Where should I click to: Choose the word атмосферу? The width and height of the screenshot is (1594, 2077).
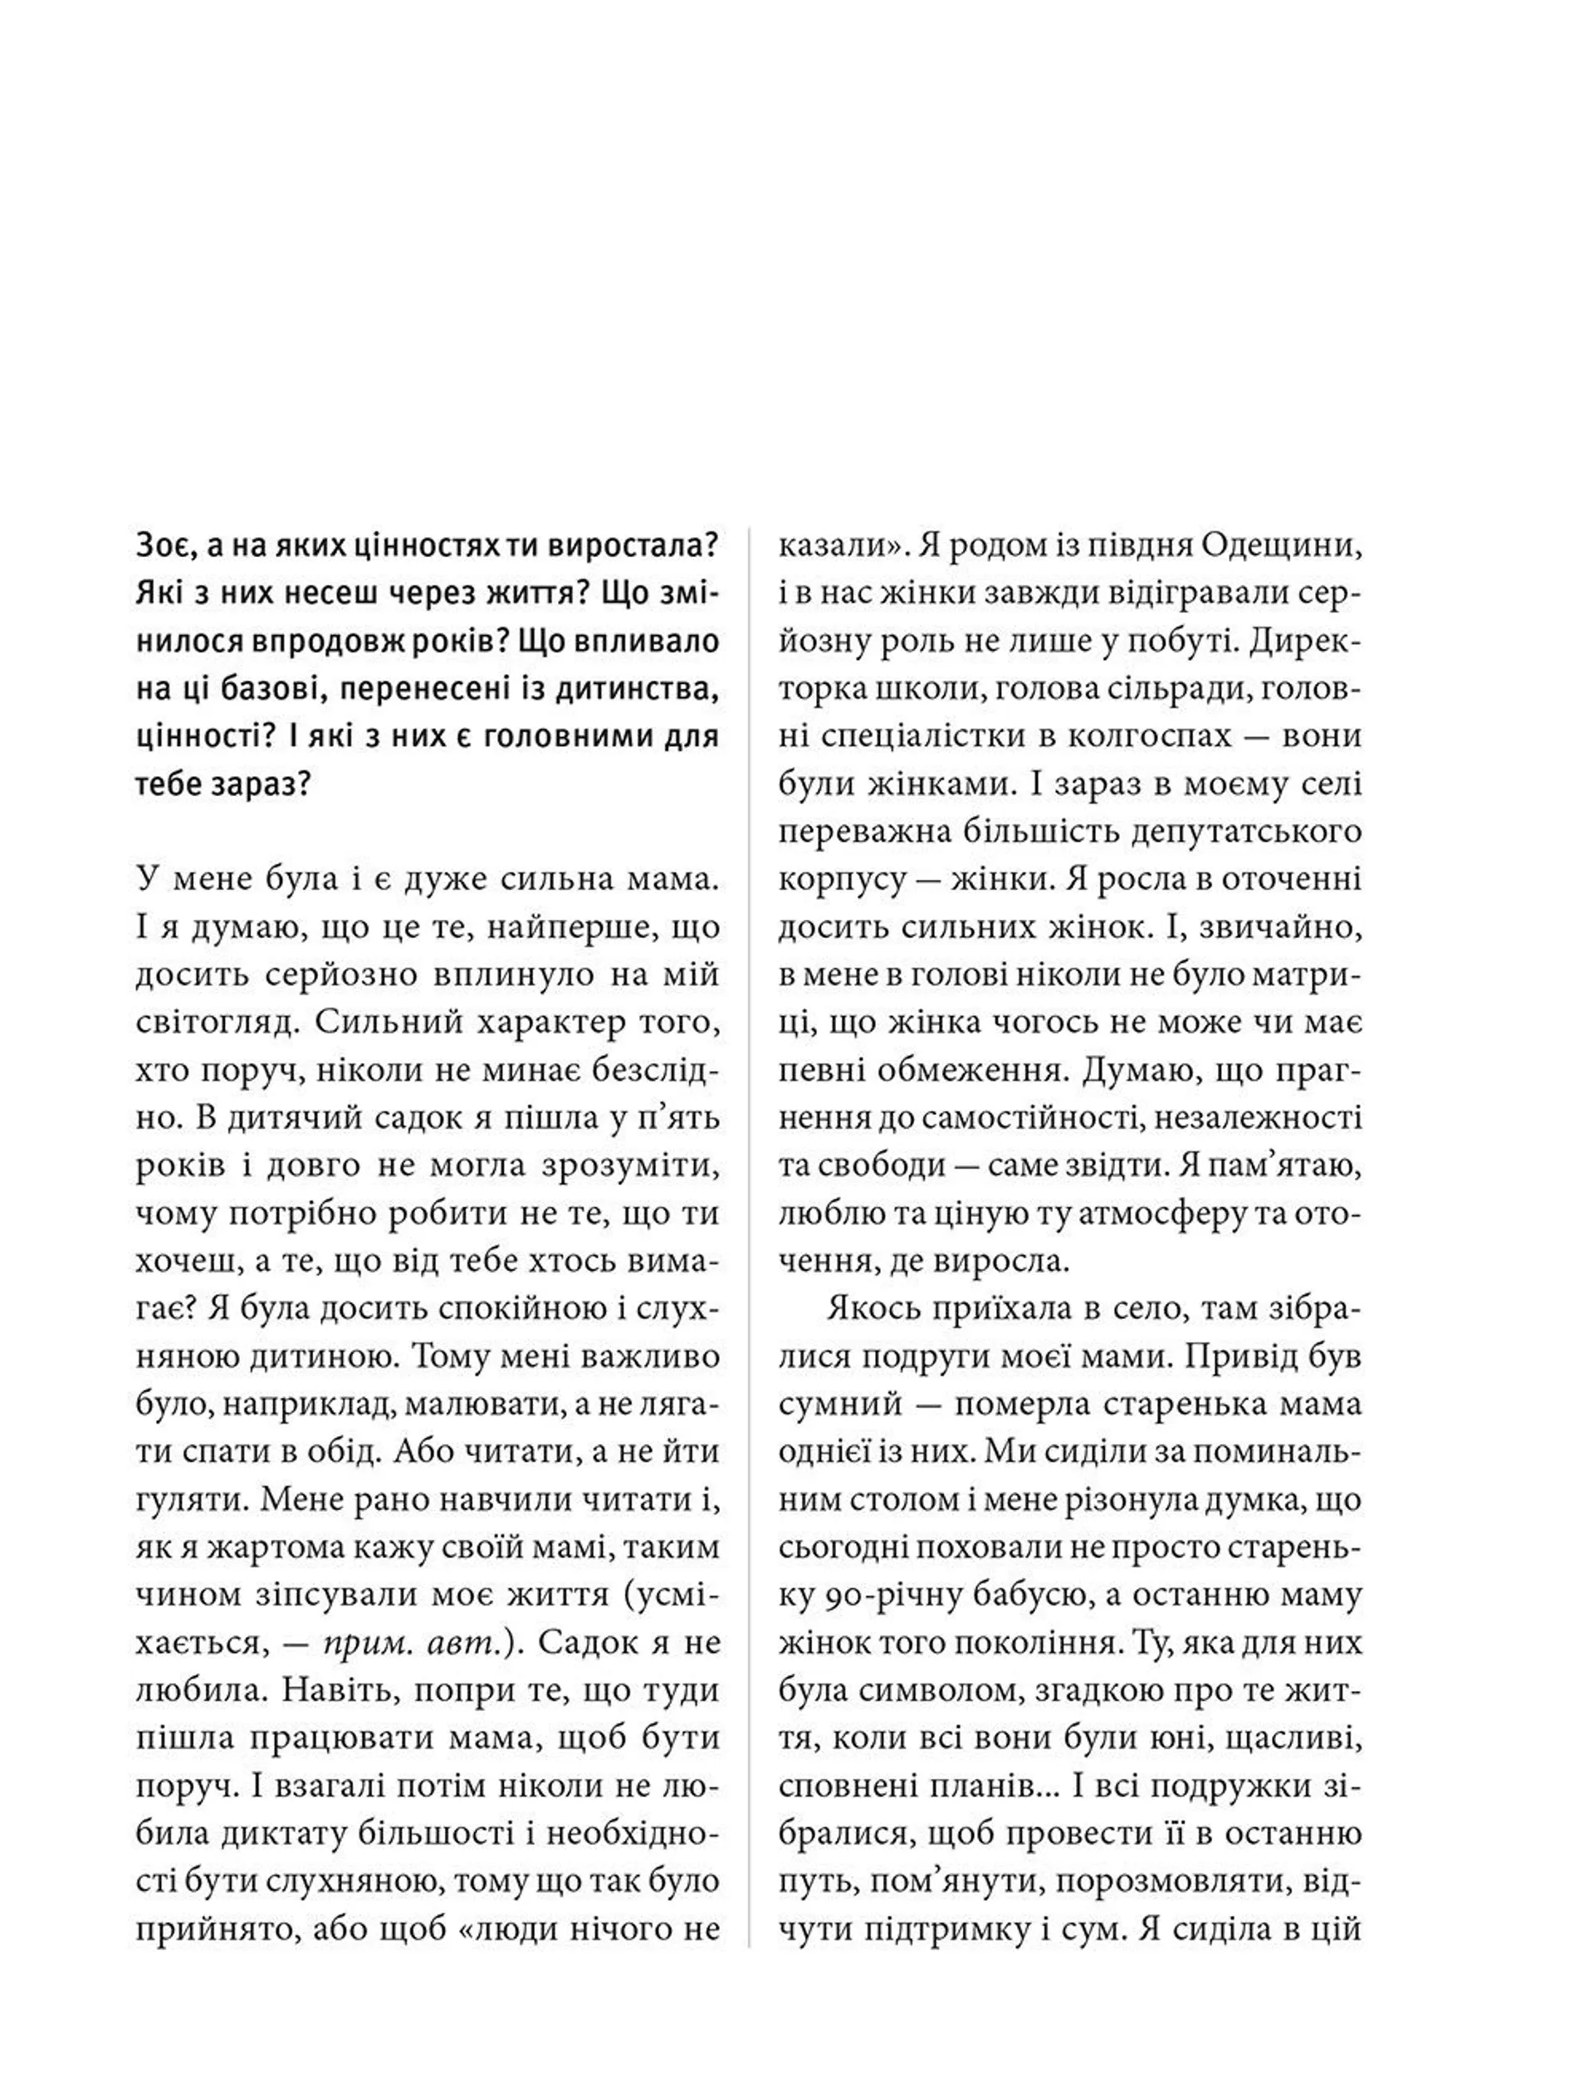click(x=1148, y=1214)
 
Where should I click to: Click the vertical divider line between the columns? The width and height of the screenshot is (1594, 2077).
click(x=750, y=1234)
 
